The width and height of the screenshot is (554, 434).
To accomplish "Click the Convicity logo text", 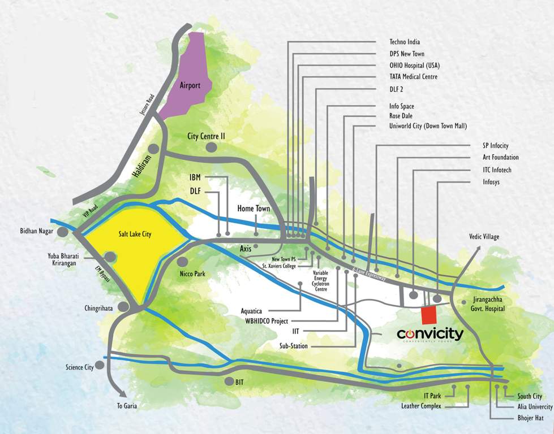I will [430, 334].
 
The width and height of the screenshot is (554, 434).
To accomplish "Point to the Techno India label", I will [405, 42].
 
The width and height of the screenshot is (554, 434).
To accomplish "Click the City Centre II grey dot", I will [212, 147].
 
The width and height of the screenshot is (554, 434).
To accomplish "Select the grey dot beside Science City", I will [100, 366].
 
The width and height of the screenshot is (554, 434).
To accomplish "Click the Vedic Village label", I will [483, 237].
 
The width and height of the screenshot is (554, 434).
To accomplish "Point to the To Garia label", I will [127, 406].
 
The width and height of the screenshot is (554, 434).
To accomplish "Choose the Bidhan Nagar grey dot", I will [63, 232].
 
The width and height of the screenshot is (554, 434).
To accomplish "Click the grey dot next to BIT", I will [228, 381].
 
